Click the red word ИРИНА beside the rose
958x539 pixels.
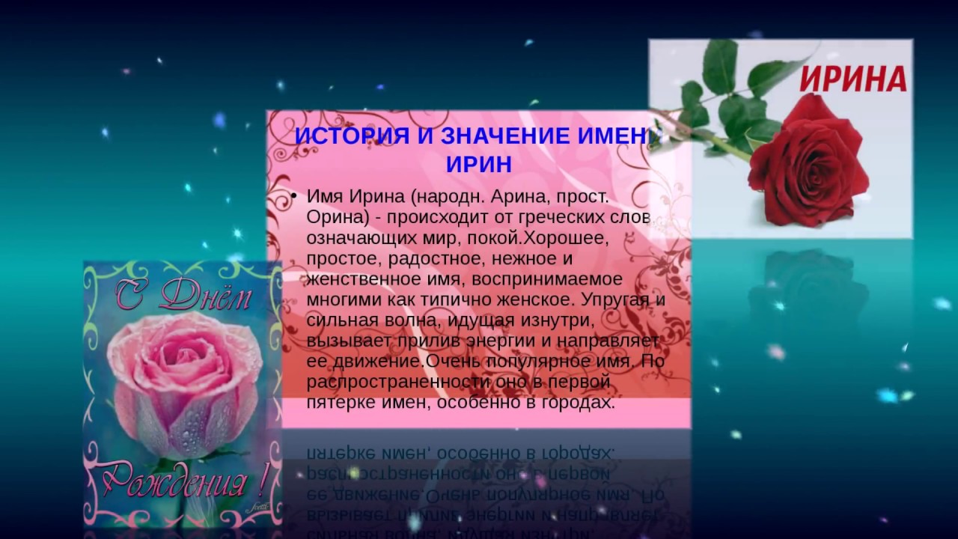click(852, 78)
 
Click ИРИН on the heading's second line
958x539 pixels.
click(479, 165)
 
